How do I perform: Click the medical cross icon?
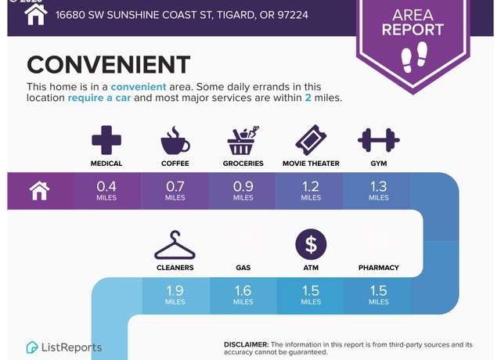(x=106, y=140)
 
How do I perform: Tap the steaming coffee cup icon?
(x=175, y=140)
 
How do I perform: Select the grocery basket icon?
(x=243, y=140)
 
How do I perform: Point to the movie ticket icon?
(x=311, y=140)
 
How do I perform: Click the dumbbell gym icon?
(x=379, y=140)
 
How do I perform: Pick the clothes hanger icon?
(x=175, y=245)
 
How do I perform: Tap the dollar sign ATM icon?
(x=311, y=244)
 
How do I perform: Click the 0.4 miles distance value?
(x=106, y=191)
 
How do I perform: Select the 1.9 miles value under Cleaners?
(x=175, y=295)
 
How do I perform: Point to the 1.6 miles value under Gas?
(x=243, y=295)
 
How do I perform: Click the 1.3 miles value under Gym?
(x=379, y=191)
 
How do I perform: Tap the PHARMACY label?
(x=379, y=268)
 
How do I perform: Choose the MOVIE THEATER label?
(x=311, y=164)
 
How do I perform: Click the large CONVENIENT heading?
(x=109, y=64)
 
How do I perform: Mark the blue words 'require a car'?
(x=99, y=98)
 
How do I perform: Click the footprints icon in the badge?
(x=414, y=57)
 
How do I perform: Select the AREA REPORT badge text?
(x=413, y=23)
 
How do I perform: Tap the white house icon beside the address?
(x=36, y=14)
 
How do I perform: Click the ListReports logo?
(x=64, y=347)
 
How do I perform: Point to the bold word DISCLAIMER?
(x=246, y=344)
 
